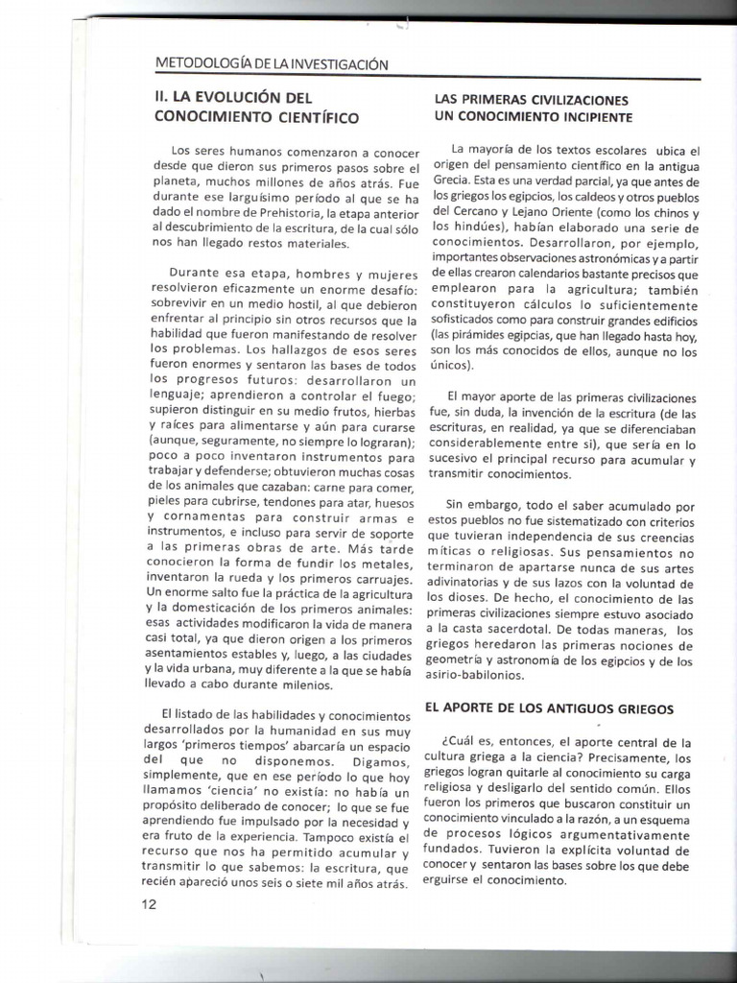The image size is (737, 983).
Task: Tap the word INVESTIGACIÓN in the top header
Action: [329, 64]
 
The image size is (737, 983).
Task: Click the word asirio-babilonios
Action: [490, 676]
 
